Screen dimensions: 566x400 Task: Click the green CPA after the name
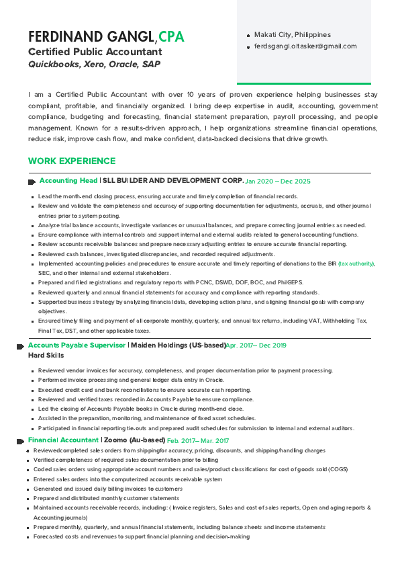coord(171,36)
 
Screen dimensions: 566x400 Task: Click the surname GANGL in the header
coord(128,36)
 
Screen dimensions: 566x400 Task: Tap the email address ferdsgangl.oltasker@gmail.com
coord(305,46)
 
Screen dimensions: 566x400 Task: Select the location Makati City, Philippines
coord(292,34)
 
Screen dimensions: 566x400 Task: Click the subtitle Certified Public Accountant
coord(95,52)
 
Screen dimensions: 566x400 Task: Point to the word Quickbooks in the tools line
coord(54,65)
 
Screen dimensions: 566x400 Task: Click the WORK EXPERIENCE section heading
coord(72,161)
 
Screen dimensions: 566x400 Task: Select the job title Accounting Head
coord(68,181)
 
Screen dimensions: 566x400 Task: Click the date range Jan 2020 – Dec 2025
coord(278,181)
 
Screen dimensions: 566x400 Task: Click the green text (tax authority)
coord(356,264)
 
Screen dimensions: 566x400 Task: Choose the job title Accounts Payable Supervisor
coord(77,345)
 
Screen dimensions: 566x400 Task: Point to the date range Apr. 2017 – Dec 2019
coord(256,346)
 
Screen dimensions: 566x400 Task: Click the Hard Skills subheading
coord(46,355)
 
